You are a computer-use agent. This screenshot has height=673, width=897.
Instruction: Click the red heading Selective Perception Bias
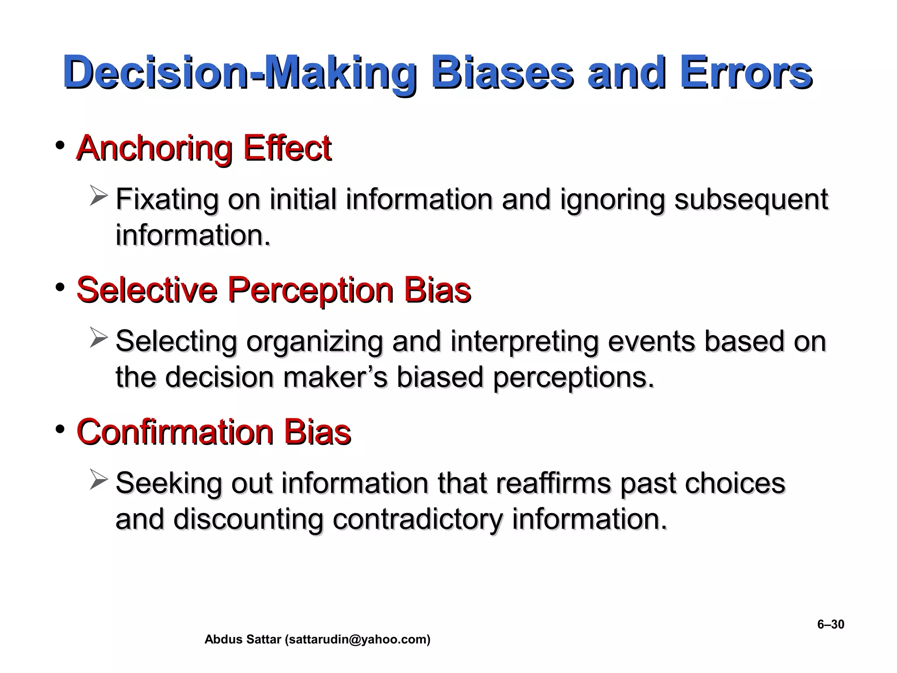[x=273, y=290]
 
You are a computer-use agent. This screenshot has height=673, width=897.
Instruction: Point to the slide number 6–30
[x=830, y=624]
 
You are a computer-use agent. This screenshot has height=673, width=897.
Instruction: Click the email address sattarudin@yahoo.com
[x=357, y=640]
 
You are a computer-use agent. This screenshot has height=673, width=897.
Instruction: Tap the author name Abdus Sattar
[x=243, y=640]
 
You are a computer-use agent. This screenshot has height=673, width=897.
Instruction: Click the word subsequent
[x=751, y=199]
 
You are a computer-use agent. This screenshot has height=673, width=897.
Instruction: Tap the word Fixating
[x=166, y=199]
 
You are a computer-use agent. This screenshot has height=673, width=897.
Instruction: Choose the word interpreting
[x=524, y=341]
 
